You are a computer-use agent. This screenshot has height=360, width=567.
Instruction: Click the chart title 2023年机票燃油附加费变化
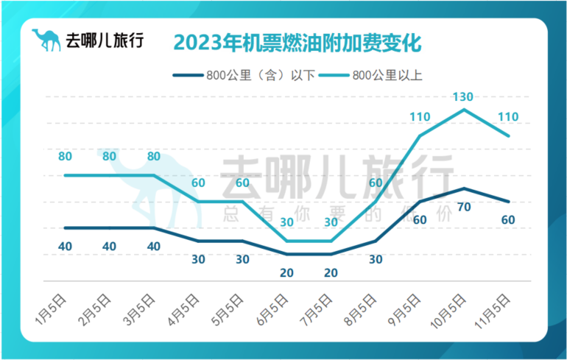pos(297,41)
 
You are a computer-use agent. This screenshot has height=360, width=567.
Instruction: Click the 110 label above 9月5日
pos(420,116)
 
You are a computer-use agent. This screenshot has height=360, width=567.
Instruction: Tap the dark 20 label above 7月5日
pos(331,272)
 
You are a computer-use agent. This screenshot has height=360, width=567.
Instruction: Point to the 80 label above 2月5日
pos(109,156)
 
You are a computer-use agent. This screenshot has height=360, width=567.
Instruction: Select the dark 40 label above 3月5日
pos(153,246)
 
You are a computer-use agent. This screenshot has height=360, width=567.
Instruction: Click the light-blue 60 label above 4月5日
pos(198,183)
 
